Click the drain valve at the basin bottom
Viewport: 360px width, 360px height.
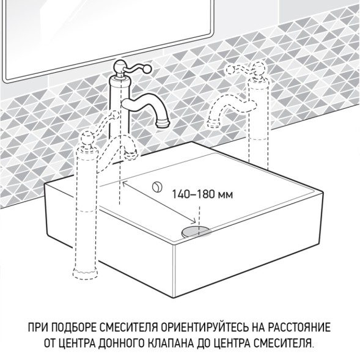[x=196, y=229]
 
